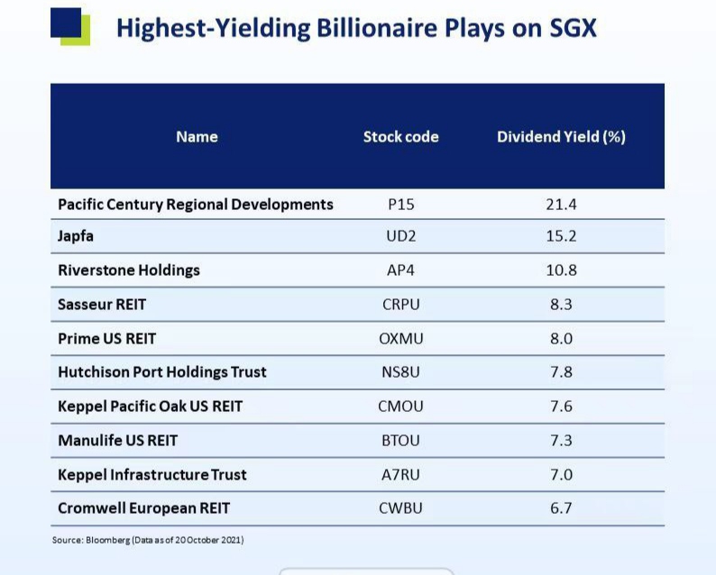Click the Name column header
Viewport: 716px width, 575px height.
tap(197, 137)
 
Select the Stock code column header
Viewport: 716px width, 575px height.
tap(400, 137)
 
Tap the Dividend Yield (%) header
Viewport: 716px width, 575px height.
tap(561, 137)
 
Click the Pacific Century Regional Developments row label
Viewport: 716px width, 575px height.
tap(196, 204)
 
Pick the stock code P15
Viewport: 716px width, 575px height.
tap(400, 204)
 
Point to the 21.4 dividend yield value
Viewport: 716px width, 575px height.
tap(561, 204)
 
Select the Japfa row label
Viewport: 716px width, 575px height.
tap(76, 236)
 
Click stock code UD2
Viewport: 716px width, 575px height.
tap(400, 236)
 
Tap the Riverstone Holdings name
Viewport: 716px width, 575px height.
tap(129, 270)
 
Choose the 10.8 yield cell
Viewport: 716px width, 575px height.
tap(561, 270)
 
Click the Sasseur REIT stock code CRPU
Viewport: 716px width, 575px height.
tap(400, 305)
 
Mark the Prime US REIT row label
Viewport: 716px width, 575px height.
tap(106, 339)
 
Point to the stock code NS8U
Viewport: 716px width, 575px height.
tap(400, 372)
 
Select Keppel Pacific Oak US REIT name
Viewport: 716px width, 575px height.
tap(150, 406)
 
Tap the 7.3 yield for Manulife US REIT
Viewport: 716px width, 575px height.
tap(561, 441)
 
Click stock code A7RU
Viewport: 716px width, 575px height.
tap(400, 475)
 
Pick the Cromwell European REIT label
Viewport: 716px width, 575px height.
tap(143, 508)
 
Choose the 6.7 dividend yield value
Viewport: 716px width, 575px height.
tap(561, 508)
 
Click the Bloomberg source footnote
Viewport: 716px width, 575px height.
tap(148, 540)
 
